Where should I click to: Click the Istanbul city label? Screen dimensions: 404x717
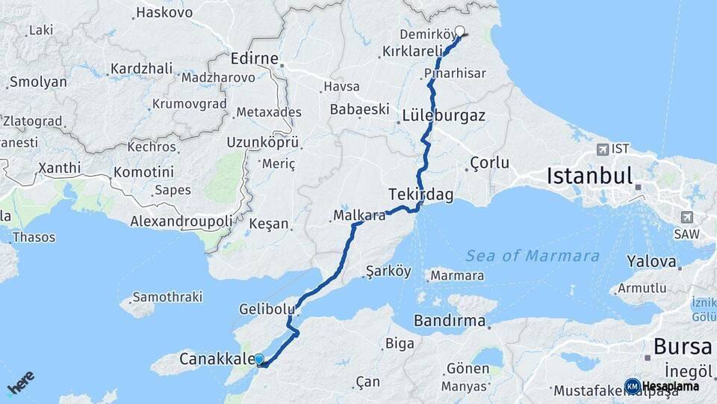coord(590,177)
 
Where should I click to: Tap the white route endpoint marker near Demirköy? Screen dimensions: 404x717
coord(459,32)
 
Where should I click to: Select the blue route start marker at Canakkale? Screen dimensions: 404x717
coord(259,360)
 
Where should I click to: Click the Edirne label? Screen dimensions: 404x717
coord(255,58)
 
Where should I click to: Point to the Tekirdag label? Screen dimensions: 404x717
coord(420,194)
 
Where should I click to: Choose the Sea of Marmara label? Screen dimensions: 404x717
coord(533,256)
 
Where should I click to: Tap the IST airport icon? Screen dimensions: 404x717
coord(603,149)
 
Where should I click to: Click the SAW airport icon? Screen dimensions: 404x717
coord(686,217)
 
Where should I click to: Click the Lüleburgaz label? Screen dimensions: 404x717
coord(444,116)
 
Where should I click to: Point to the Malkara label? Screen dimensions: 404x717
coord(360,216)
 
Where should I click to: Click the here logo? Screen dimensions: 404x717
coord(21,383)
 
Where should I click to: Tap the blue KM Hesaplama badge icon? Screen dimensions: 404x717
coord(633,386)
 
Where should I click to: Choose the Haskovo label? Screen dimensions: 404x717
coord(164,13)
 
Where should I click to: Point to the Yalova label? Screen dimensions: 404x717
coord(651,263)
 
